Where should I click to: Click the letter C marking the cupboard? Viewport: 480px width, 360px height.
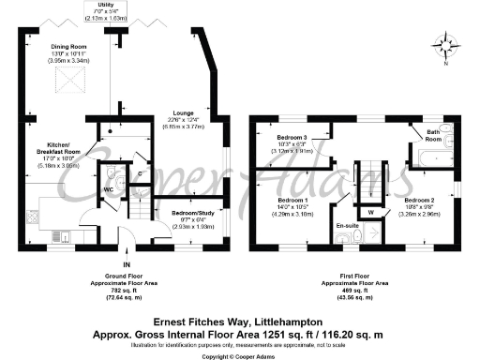click(x=139, y=174)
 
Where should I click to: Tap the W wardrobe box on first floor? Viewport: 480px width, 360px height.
click(x=372, y=211)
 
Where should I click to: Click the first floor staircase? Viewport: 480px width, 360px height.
click(x=374, y=178)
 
